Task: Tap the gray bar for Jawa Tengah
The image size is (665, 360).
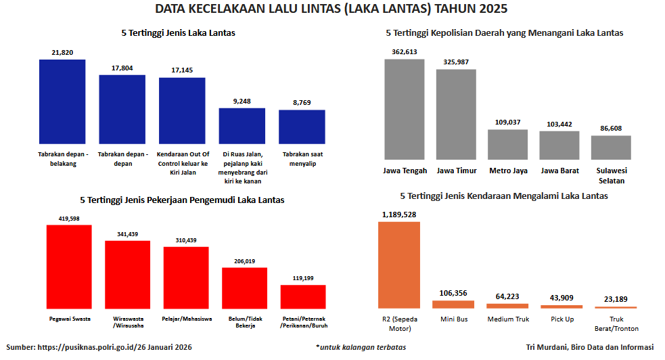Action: click(x=405, y=109)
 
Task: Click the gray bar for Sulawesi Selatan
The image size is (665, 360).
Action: click(x=611, y=147)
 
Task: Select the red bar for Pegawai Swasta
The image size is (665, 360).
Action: click(x=69, y=267)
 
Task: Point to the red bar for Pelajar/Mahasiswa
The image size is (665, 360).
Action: click(x=186, y=277)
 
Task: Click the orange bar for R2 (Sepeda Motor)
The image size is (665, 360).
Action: click(x=399, y=265)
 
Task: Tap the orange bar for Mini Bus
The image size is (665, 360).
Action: click(x=453, y=305)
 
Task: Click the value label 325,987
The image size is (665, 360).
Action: click(x=456, y=62)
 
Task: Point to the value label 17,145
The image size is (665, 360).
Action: click(x=182, y=70)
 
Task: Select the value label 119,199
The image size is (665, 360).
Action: click(x=303, y=277)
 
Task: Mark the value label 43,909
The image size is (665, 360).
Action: click(x=561, y=298)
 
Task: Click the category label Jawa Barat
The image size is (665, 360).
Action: click(x=559, y=171)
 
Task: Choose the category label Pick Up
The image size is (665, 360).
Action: click(x=561, y=319)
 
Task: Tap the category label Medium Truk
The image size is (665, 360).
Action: click(x=507, y=319)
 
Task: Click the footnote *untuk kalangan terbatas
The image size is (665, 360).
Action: click(x=361, y=347)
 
